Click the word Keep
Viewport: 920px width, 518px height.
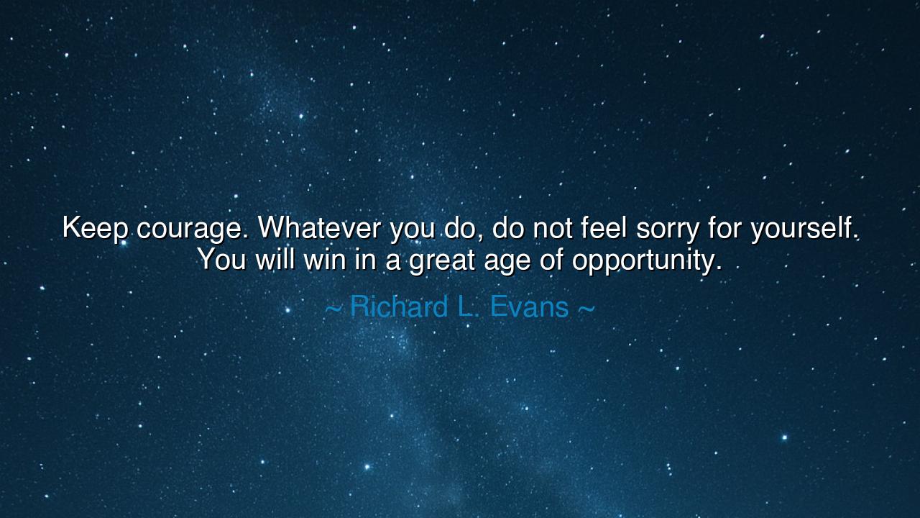click(96, 229)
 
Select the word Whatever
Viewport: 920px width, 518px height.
click(320, 228)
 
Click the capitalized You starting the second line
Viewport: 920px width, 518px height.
click(222, 260)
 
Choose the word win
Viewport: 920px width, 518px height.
click(323, 259)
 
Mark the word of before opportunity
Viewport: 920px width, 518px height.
click(552, 259)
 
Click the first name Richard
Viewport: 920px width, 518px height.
click(399, 307)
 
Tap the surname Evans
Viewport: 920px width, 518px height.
click(530, 307)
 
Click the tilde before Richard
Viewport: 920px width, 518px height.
click(333, 309)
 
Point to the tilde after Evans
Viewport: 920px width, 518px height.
click(586, 309)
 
